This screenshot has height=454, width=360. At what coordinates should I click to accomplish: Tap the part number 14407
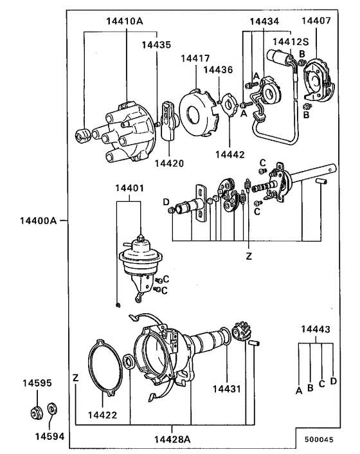(316, 21)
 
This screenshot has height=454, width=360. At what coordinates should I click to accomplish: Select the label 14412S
(291, 42)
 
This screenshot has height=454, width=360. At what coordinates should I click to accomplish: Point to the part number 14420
(169, 163)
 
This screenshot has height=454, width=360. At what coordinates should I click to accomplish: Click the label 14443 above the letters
(316, 330)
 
